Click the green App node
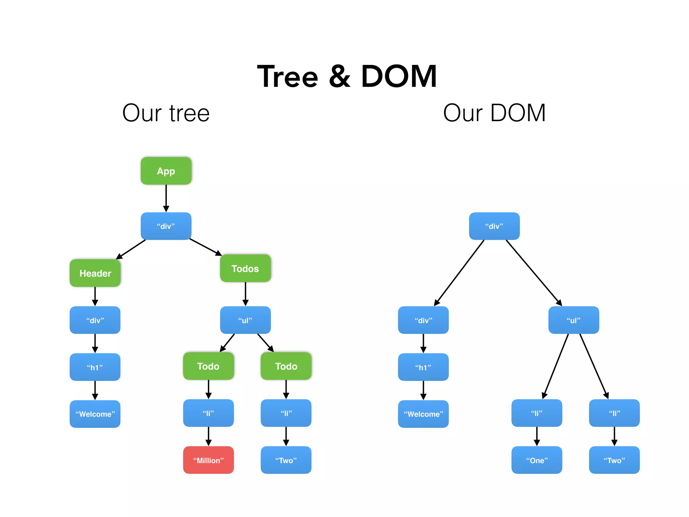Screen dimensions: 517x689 (166, 171)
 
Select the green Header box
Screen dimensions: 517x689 (95, 273)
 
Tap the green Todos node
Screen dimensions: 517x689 (245, 268)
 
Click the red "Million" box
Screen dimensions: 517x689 (208, 460)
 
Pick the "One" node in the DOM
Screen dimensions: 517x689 (537, 460)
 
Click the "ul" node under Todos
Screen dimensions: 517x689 (245, 320)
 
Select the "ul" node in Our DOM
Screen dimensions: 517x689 (574, 320)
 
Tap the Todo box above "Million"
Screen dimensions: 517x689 (208, 366)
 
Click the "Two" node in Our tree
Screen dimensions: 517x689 (286, 460)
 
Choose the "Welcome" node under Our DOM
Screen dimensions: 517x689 (423, 414)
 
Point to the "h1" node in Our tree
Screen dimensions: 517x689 (95, 367)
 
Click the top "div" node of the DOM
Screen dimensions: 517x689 (494, 226)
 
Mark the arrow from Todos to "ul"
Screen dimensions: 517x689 (245, 294)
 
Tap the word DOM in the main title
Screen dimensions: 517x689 (399, 77)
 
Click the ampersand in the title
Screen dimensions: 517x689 (340, 77)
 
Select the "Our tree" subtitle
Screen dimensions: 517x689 (166, 113)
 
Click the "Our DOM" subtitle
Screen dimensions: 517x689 (494, 113)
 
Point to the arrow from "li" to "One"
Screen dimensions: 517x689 (537, 436)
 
